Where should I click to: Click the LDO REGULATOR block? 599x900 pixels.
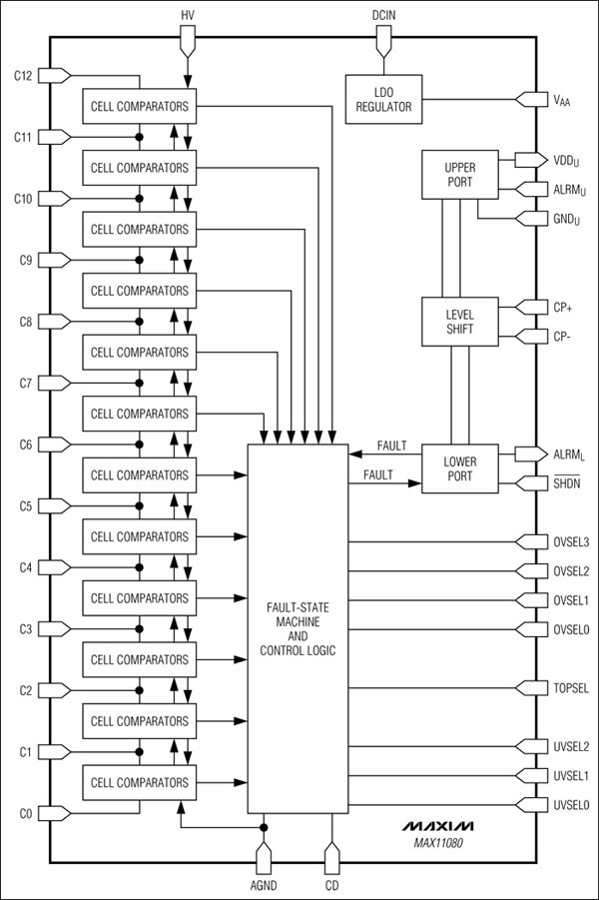coord(383,99)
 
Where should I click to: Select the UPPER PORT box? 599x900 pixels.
coord(460,176)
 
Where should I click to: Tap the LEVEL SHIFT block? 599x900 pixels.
coord(459,322)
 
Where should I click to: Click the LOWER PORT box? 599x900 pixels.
coord(459,468)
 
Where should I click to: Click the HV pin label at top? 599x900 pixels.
coord(188,15)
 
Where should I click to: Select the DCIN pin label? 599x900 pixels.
coord(383,15)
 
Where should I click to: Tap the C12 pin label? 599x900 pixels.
coord(24,76)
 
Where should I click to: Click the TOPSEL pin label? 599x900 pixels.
coord(570,688)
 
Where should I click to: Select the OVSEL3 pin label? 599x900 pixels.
coord(570,542)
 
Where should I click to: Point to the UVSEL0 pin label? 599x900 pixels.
coord(570,804)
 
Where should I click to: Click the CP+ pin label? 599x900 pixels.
coord(563,308)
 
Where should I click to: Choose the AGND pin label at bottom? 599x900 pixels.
coord(265,884)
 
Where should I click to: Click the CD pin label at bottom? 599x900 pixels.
coord(331,884)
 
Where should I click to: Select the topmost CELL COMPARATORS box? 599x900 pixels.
coord(139,106)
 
